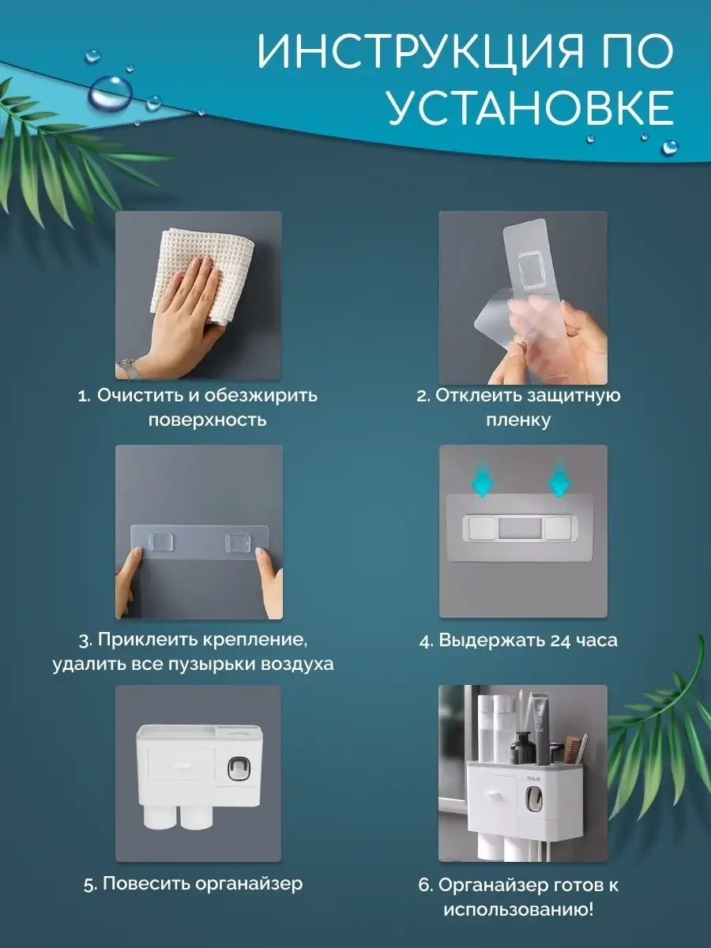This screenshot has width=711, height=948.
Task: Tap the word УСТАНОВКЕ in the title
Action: [x=529, y=108]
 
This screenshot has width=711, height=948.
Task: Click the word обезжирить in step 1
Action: [x=261, y=396]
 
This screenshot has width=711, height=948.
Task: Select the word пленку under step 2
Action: [x=518, y=419]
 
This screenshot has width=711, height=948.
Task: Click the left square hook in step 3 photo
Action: [x=160, y=543]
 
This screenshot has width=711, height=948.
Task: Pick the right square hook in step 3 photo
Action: [x=238, y=543]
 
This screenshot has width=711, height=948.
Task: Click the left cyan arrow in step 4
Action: [x=483, y=479]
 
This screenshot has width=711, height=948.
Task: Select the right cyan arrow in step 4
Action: [x=560, y=479]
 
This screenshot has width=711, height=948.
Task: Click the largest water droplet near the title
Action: [x=110, y=94]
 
